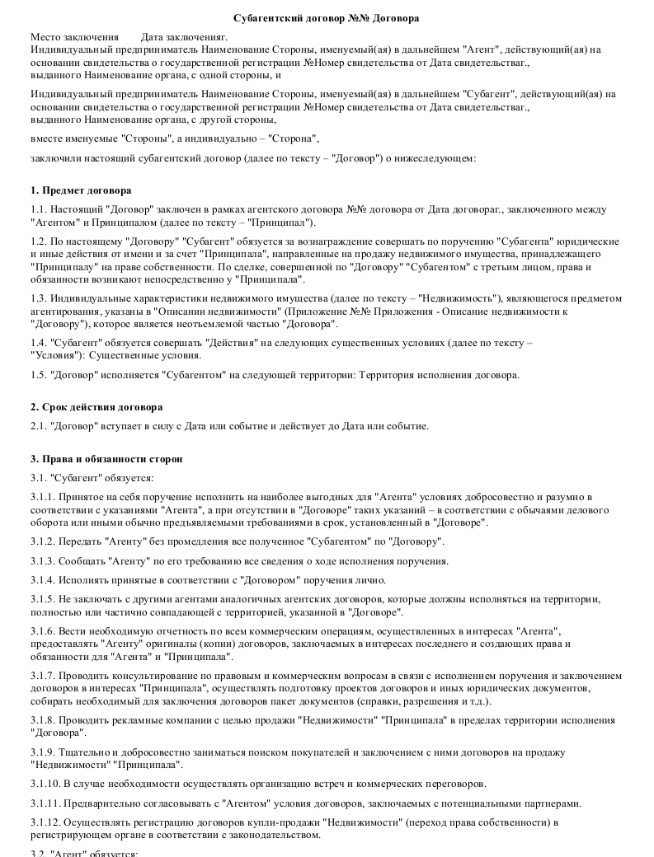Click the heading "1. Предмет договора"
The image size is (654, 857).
tap(75, 190)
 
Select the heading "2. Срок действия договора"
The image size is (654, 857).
tap(96, 407)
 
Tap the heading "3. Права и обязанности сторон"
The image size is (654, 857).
tap(106, 458)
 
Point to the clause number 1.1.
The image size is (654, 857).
tap(38, 210)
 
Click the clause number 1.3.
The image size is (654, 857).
tap(38, 297)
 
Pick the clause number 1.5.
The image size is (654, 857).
tap(38, 375)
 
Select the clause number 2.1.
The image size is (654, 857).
tap(38, 426)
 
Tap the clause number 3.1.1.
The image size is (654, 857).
tap(42, 498)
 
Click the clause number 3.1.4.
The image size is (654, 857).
tap(42, 579)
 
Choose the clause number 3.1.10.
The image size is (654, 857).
tap(45, 783)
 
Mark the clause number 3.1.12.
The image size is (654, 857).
tap(45, 822)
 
